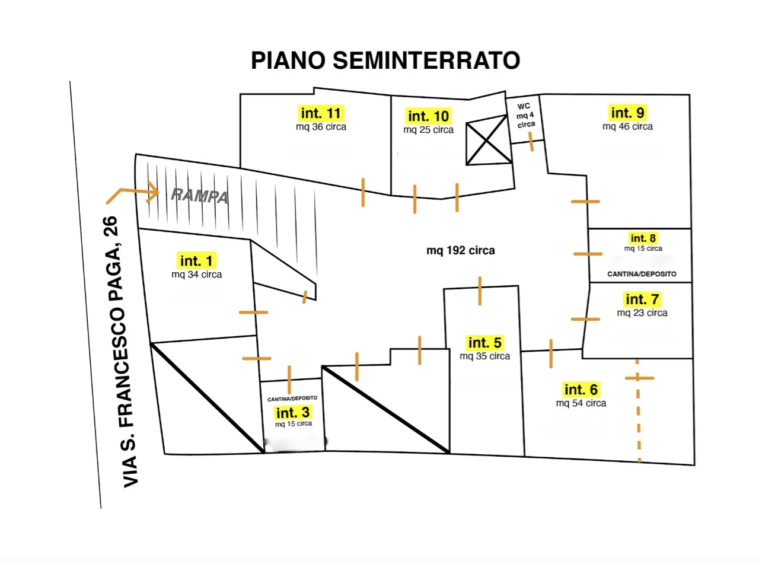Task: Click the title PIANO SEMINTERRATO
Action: pos(385,60)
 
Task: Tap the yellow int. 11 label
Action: pos(320,113)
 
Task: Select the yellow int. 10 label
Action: pos(428,116)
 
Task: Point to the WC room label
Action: pos(526,116)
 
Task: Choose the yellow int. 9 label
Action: pos(628,112)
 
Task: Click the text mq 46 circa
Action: pos(628,126)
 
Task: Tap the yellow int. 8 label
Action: pos(643,238)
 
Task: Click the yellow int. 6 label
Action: pos(581,390)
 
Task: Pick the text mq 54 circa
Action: pos(581,403)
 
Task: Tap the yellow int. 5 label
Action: pos(485,343)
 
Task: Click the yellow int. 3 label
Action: pos(292,411)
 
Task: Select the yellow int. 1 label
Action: pos(196,260)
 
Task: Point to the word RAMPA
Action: pos(200,196)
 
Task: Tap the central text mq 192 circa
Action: pos(461,251)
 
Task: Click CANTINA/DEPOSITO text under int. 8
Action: pos(642,275)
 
